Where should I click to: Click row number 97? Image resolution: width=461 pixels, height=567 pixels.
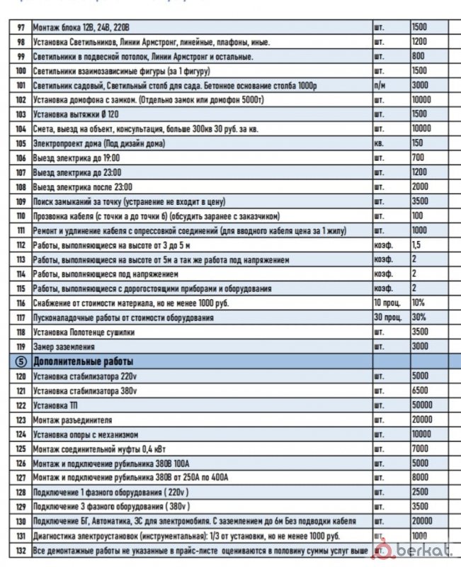(20, 27)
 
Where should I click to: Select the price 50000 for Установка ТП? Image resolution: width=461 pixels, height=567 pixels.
(424, 404)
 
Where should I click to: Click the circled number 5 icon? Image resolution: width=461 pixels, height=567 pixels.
(20, 361)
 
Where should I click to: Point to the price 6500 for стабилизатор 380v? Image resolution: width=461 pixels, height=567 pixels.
(421, 390)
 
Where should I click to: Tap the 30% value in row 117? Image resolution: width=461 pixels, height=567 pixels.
(419, 317)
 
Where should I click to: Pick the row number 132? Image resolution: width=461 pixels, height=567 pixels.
(20, 550)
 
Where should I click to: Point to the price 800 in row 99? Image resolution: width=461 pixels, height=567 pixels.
(419, 56)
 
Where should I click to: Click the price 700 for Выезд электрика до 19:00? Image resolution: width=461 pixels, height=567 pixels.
(418, 157)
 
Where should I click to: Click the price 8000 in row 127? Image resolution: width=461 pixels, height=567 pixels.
(421, 477)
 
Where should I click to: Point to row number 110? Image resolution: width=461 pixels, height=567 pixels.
(20, 215)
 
